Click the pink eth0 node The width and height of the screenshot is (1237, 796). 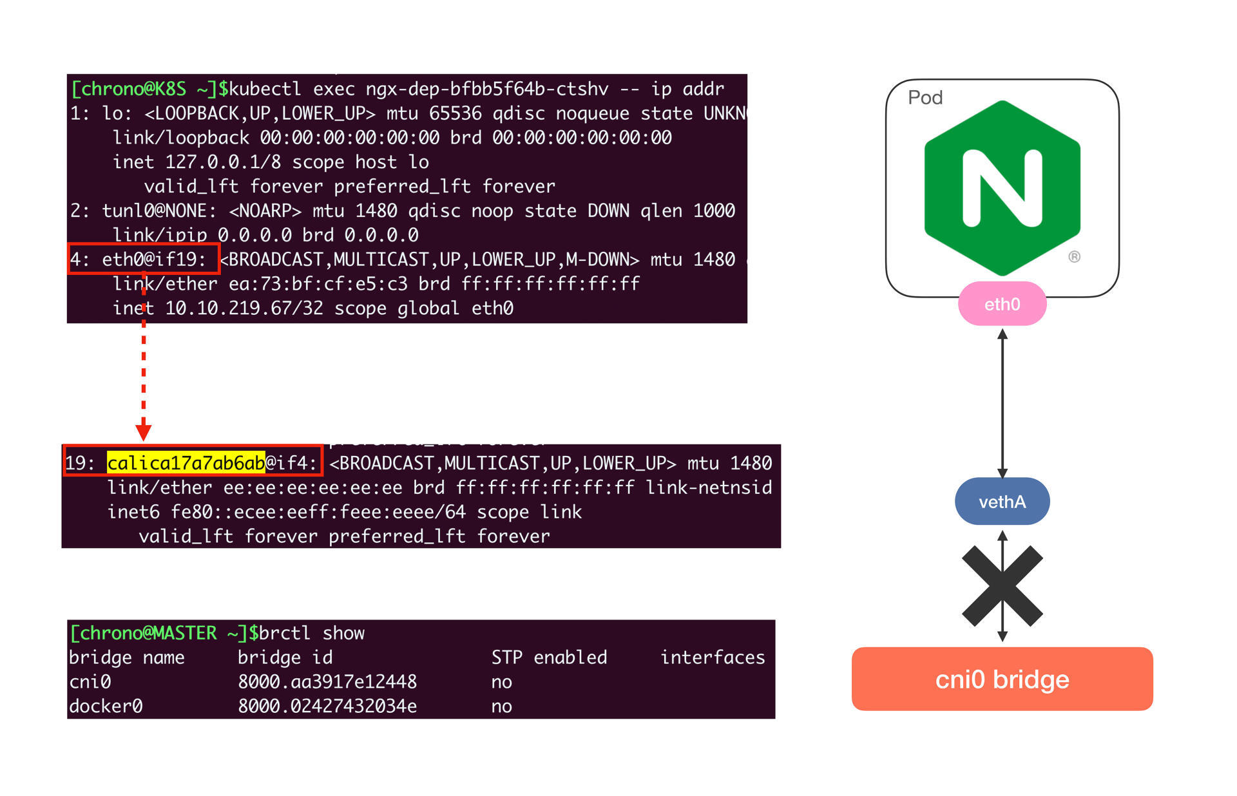click(x=1002, y=304)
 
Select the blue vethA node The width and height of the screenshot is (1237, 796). click(x=1002, y=501)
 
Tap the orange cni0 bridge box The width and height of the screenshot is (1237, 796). click(x=1002, y=679)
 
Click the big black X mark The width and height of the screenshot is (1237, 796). click(x=1002, y=586)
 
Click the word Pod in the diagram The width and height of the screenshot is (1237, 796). click(x=925, y=98)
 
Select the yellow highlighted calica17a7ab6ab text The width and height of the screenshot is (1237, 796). click(x=186, y=462)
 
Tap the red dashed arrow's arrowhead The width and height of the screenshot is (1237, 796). click(x=143, y=431)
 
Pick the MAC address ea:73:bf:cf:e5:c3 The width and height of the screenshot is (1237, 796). click(x=318, y=284)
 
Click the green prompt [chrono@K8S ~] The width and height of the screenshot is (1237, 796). click(x=145, y=89)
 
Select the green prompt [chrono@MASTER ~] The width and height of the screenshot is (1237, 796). click(x=158, y=633)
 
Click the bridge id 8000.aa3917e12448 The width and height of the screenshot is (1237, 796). click(x=327, y=682)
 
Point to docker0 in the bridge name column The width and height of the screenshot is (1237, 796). click(x=106, y=706)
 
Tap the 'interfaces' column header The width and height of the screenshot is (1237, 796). click(x=713, y=658)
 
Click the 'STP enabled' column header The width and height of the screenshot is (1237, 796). click(x=549, y=658)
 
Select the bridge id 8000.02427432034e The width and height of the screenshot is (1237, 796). click(x=327, y=706)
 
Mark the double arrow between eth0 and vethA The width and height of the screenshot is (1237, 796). click(x=1002, y=403)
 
